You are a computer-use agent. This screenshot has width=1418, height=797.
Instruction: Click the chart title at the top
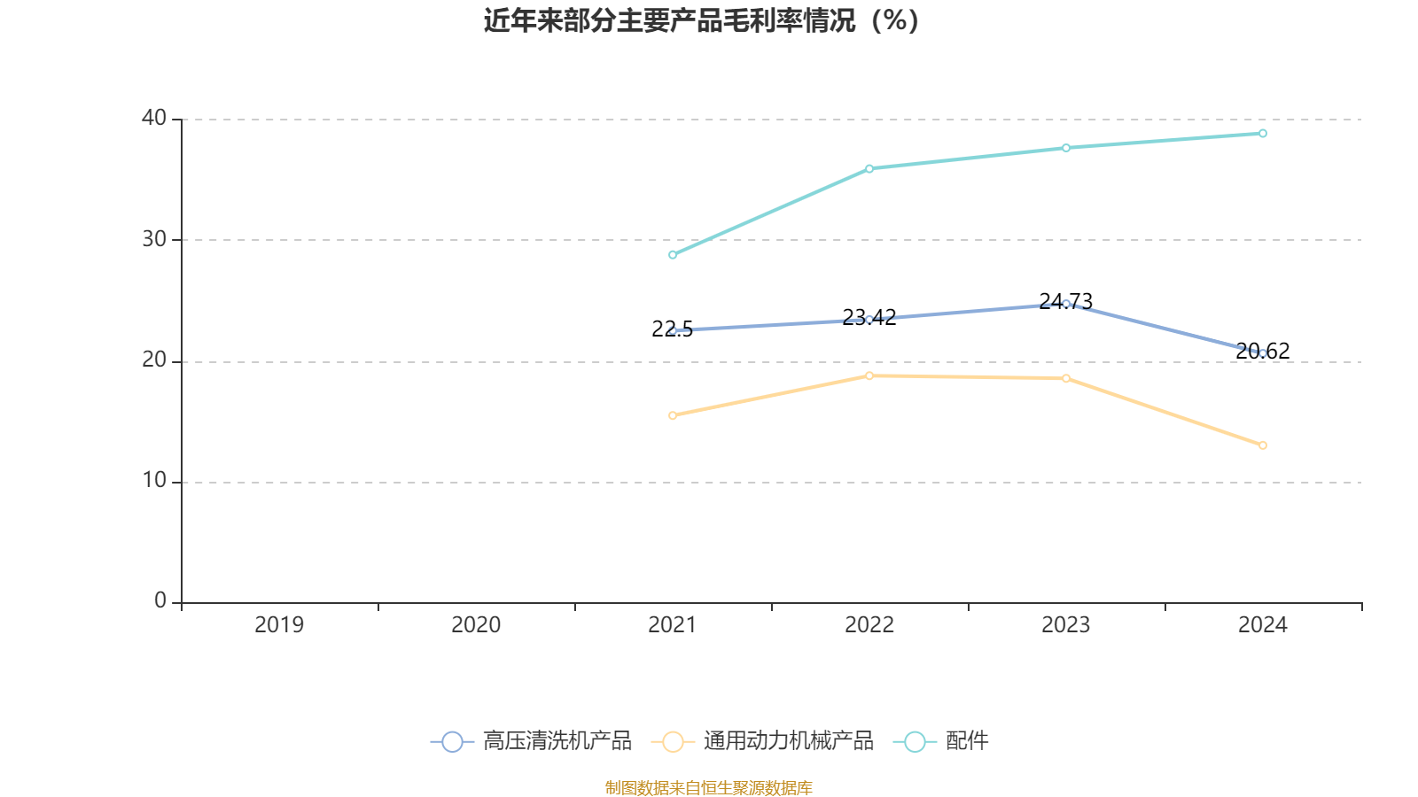tap(701, 20)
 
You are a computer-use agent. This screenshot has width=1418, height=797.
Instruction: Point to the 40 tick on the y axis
tap(154, 118)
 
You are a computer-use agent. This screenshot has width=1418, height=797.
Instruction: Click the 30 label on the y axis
tap(154, 239)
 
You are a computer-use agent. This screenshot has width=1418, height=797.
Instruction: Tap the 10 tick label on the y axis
tap(154, 481)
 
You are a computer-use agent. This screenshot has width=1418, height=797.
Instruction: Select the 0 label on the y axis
tap(160, 600)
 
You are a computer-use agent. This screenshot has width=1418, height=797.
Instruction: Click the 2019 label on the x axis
tap(279, 625)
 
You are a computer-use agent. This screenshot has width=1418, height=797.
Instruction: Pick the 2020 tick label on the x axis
tap(476, 625)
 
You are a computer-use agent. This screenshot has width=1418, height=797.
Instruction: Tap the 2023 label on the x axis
tap(1065, 625)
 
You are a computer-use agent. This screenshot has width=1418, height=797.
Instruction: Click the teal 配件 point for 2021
tap(673, 255)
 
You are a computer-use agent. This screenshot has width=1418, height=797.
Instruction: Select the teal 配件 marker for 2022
tap(869, 168)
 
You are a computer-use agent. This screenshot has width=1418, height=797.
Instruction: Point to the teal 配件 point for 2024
tap(1263, 134)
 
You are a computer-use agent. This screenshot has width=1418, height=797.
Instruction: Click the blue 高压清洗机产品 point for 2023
tap(1066, 304)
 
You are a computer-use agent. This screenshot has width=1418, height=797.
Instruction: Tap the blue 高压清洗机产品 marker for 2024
tap(1263, 353)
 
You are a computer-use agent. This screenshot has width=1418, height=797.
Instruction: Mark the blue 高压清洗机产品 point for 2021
tap(673, 330)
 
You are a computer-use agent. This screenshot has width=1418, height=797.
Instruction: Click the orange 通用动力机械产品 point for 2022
tap(869, 376)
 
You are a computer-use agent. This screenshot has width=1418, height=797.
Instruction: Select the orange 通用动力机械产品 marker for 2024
tap(1263, 445)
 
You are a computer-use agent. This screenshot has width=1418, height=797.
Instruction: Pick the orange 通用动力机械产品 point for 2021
tap(673, 415)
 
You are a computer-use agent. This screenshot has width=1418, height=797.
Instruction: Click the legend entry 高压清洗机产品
tap(532, 741)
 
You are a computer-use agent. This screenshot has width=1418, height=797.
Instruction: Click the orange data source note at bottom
tap(708, 787)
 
